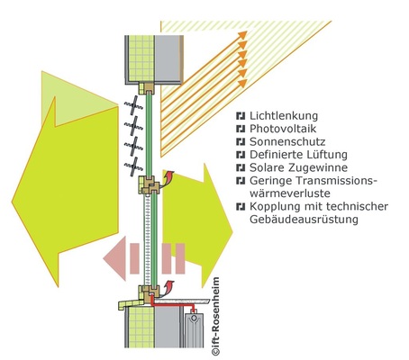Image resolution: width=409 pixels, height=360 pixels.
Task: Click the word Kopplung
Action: point(275,205)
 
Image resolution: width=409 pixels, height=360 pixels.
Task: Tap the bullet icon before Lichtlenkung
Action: point(240,117)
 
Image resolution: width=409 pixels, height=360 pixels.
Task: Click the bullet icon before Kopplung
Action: point(240,205)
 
